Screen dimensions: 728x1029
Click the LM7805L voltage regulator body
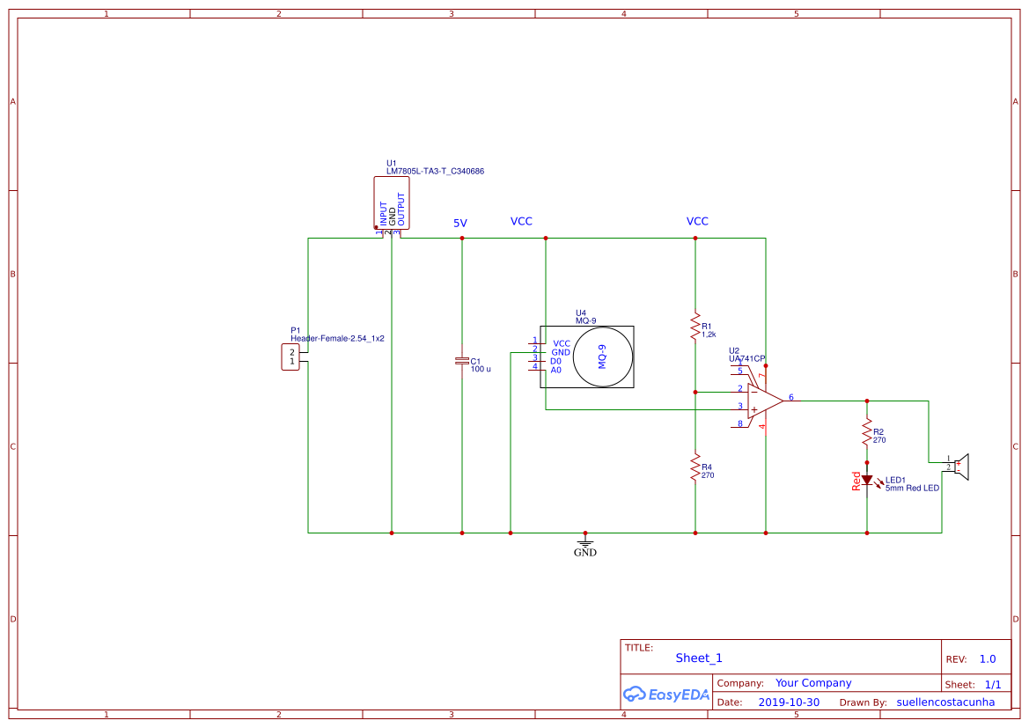(391, 203)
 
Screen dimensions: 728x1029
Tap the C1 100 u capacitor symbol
(461, 361)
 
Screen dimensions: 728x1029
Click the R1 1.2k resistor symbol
(695, 326)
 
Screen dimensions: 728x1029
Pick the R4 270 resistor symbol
(695, 467)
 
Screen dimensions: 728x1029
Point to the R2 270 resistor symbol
(867, 432)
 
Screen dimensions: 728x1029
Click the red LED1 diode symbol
(867, 481)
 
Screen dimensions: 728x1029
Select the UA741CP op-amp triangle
(763, 401)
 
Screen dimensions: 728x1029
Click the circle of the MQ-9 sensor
(603, 357)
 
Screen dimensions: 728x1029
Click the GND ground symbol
(584, 545)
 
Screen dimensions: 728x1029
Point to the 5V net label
(460, 224)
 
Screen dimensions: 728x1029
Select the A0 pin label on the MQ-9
(555, 371)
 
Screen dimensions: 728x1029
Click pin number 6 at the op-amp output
(791, 398)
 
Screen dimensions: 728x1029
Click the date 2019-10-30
(789, 702)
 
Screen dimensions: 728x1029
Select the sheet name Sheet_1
(699, 658)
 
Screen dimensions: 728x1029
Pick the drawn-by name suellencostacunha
(945, 702)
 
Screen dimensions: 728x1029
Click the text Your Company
(813, 683)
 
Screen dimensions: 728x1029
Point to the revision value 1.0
(988, 658)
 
